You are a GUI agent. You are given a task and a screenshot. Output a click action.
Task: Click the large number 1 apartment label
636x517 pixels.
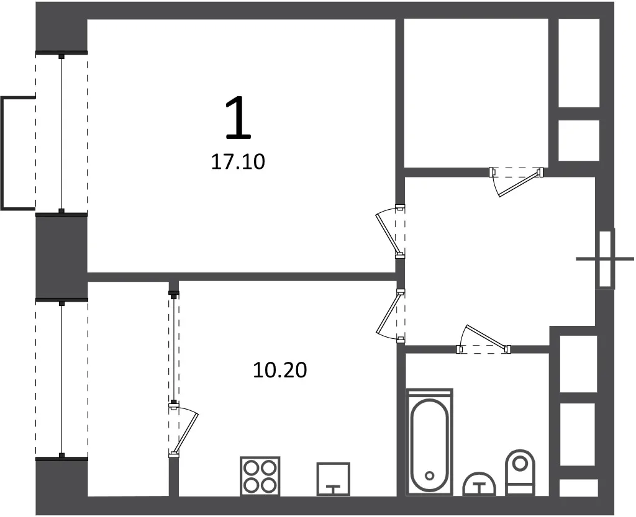238,118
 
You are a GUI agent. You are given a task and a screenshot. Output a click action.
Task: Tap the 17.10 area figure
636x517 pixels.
238,161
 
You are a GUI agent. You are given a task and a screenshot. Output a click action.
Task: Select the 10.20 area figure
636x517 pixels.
280,370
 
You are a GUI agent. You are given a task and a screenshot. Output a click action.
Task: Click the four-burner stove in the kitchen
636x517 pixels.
260,476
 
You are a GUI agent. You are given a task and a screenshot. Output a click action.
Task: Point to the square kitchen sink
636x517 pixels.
334,479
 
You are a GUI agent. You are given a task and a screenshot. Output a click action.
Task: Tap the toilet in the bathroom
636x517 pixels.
520,472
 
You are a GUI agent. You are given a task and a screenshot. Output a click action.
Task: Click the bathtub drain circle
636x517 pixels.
429,475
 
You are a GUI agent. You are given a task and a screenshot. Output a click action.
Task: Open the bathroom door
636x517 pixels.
483,339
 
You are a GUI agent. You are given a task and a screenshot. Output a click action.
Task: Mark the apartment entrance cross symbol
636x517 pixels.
605,258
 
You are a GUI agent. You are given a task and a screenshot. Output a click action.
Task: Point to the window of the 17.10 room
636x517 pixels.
61,133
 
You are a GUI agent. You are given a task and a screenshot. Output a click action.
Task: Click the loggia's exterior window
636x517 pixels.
61,380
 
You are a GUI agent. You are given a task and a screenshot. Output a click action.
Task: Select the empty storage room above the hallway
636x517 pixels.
476,92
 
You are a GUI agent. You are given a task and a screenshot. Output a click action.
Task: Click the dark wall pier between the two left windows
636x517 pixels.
61,257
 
